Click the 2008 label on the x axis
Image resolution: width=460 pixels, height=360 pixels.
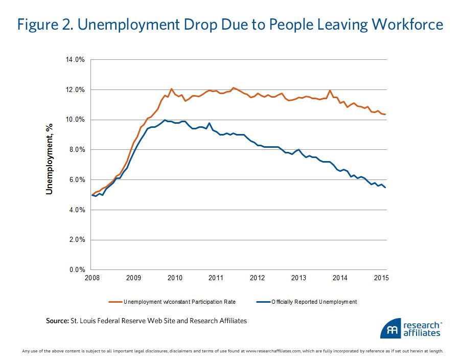91,278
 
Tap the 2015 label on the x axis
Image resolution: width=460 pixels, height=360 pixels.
381,278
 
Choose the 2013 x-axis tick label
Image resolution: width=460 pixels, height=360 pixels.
298,278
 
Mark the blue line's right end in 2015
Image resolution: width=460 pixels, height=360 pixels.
385,188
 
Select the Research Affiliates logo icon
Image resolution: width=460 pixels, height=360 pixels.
390,329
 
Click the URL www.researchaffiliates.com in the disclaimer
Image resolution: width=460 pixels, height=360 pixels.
278,351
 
